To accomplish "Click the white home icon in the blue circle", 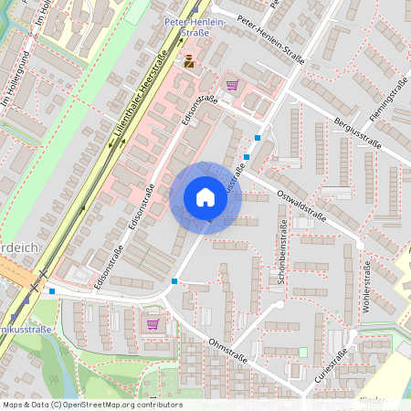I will pyautogui.click(x=205, y=197).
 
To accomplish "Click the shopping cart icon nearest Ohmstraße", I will pyautogui.click(x=153, y=323).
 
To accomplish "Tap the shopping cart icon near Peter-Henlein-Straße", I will pyautogui.click(x=232, y=85).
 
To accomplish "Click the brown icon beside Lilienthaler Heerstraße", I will pyautogui.click(x=189, y=61).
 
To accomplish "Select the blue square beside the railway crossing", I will pyautogui.click(x=52, y=291).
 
